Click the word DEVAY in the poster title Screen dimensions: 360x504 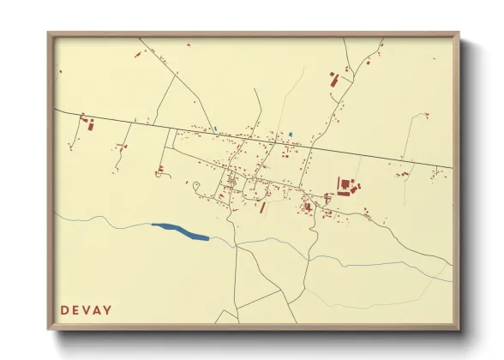86,309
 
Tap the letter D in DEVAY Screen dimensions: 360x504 64,309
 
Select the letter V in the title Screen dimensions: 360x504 86,309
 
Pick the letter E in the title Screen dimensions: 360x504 75,309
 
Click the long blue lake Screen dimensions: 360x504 180,231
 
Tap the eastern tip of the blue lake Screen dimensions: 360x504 208,237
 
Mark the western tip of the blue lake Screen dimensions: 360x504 153,225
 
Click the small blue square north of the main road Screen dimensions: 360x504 291,134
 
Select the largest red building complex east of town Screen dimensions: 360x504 345,186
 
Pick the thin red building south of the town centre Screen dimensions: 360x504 263,207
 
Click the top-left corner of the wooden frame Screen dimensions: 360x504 50,34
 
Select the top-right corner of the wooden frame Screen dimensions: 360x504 458,34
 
